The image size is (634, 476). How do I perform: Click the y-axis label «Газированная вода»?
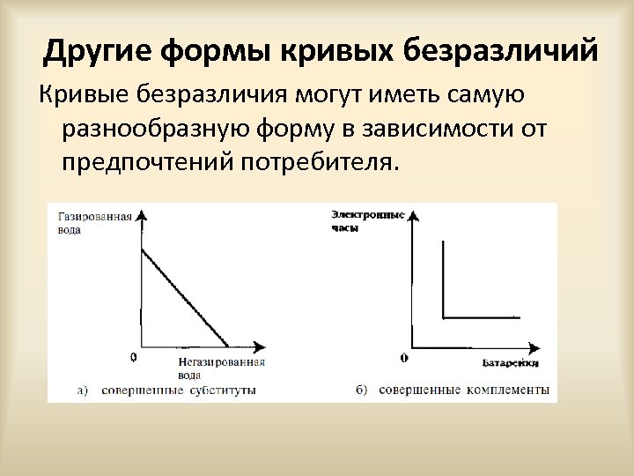tap(94, 222)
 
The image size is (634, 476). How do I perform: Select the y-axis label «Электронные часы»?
tap(367, 219)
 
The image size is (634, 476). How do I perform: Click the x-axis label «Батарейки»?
tap(511, 362)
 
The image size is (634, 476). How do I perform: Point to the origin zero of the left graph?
tap(132, 357)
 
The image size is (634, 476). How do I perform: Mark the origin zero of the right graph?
tap(403, 358)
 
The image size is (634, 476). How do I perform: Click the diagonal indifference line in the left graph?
tap(185, 298)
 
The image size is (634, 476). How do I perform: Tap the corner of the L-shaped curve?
tap(443, 316)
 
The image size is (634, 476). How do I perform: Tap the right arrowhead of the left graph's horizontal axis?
tap(260, 345)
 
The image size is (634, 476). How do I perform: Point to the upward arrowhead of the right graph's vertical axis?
tap(413, 214)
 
